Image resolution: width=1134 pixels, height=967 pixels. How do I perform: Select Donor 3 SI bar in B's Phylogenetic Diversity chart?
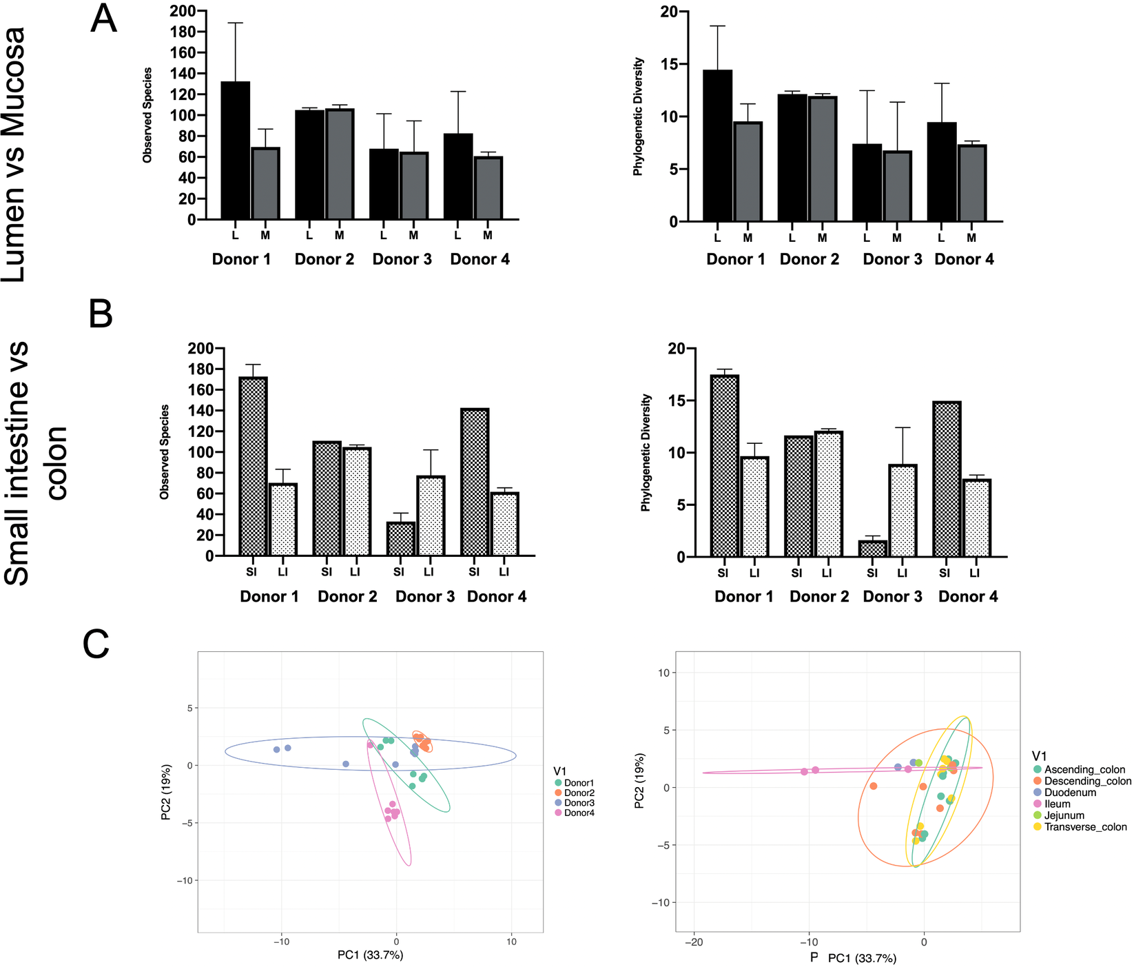(x=872, y=549)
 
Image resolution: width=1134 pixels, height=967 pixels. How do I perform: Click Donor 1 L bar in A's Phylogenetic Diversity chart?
(x=717, y=145)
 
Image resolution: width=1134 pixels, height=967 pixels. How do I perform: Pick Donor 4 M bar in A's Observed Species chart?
(x=488, y=188)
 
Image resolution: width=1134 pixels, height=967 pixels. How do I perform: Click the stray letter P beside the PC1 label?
(x=814, y=957)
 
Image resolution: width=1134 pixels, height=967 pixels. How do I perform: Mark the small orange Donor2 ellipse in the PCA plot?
(x=422, y=742)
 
